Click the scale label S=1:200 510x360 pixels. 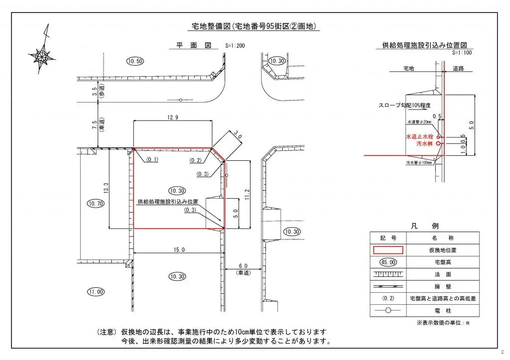tap(234, 46)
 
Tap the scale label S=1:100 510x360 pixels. tap(462, 52)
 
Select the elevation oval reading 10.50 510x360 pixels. tap(134, 61)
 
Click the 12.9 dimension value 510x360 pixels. tap(173, 117)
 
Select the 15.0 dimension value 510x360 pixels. tap(179, 249)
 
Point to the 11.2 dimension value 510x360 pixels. tap(248, 195)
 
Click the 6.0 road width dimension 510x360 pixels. tap(243, 266)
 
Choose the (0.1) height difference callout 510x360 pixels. tap(152, 159)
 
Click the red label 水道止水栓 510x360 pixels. tap(420, 136)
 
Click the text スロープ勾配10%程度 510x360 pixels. tap(404, 106)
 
